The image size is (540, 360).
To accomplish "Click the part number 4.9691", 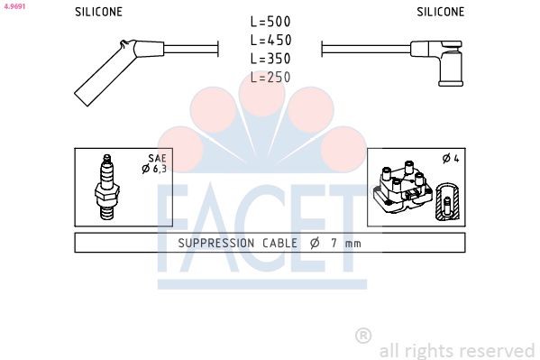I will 14,5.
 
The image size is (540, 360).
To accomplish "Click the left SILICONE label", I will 98,13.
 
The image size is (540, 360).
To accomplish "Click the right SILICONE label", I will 441,13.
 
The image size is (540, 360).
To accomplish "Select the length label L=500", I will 270,21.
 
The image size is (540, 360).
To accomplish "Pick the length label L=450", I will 270,40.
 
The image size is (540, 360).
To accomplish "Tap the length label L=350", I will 270,59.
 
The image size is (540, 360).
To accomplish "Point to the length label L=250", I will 270,78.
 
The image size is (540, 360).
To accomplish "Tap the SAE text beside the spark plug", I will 159,158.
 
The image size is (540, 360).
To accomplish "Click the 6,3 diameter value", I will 160,168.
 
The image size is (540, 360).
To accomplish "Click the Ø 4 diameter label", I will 451,159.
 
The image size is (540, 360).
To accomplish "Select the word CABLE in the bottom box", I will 280,243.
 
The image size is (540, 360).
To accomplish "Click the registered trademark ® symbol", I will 363,336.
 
